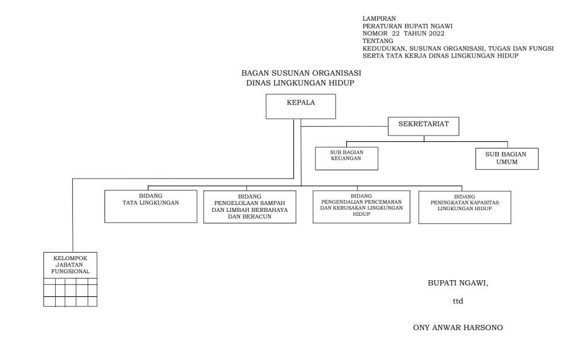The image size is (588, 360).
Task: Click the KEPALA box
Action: pyautogui.click(x=301, y=106)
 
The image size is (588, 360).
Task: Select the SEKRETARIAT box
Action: pyautogui.click(x=423, y=126)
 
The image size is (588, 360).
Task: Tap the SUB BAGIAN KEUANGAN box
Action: pyautogui.click(x=346, y=158)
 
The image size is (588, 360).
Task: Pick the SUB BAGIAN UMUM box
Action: pyautogui.click(x=506, y=158)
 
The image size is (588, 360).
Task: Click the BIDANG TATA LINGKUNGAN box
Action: pyautogui.click(x=151, y=206)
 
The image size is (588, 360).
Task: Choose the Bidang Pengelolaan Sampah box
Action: pyautogui.click(x=250, y=207)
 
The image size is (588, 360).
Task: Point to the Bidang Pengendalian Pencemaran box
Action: pyautogui.click(x=362, y=207)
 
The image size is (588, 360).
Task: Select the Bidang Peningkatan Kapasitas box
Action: pyautogui.click(x=465, y=207)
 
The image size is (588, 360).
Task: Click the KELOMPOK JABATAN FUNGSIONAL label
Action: pyautogui.click(x=71, y=265)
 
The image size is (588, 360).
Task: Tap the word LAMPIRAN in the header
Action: pyautogui.click(x=379, y=18)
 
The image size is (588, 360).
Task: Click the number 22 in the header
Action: pyautogui.click(x=396, y=33)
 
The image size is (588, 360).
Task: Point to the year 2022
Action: pyautogui.click(x=436, y=33)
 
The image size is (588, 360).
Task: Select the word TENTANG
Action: pyautogui.click(x=378, y=41)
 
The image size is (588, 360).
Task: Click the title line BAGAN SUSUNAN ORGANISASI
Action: pyautogui.click(x=301, y=73)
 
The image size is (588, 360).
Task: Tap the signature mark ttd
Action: pyautogui.click(x=458, y=301)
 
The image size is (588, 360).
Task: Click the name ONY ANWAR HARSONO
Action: pyautogui.click(x=458, y=328)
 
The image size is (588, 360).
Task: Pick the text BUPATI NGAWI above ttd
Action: pyautogui.click(x=457, y=283)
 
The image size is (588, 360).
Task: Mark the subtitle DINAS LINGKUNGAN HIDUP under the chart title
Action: pyautogui.click(x=300, y=83)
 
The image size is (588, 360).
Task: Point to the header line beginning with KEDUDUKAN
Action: pyautogui.click(x=458, y=48)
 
